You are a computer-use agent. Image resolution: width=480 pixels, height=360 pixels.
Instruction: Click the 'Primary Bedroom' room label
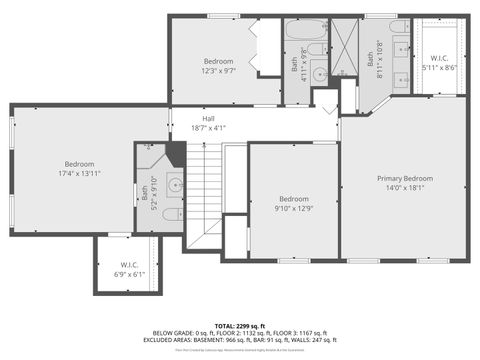(x=404, y=178)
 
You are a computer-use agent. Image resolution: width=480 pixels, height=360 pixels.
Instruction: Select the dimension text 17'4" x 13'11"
(x=80, y=174)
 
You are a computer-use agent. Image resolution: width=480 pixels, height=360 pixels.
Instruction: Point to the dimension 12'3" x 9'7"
(x=218, y=71)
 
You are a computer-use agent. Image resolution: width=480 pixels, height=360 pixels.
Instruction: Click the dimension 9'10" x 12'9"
(x=293, y=208)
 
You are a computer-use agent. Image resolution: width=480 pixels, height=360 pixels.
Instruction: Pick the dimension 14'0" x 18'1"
(x=404, y=187)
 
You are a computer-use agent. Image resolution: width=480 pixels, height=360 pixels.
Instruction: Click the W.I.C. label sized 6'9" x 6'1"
(x=130, y=273)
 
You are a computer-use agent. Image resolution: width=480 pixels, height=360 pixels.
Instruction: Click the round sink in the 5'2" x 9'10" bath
(x=174, y=184)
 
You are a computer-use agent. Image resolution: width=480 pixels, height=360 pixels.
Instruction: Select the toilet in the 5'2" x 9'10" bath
(x=171, y=213)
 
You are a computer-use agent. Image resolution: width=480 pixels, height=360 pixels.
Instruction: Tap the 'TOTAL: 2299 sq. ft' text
(x=239, y=326)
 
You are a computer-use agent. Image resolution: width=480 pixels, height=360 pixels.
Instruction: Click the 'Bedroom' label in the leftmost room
(x=80, y=164)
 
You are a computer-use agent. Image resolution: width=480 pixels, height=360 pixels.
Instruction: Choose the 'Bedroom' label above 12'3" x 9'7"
(x=218, y=61)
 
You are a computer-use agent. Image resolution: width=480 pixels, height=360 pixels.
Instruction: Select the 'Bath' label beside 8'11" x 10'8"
(x=369, y=60)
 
